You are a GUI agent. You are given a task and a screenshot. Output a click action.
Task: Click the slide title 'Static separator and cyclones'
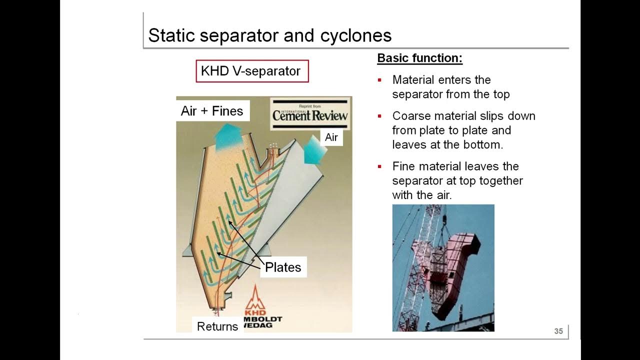[269, 35]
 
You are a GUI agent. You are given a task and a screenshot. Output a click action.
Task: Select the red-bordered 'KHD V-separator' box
[252, 71]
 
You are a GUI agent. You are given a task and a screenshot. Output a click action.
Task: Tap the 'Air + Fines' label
[212, 111]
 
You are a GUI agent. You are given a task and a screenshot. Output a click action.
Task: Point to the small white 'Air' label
[331, 137]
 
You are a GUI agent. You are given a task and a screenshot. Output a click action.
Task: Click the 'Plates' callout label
[283, 267]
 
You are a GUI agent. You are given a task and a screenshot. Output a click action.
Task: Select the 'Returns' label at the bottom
[217, 326]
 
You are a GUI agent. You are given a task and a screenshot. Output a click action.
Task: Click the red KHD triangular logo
[255, 299]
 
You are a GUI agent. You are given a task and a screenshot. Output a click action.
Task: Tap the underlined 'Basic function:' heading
[419, 58]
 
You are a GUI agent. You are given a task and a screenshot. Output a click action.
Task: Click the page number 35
[558, 331]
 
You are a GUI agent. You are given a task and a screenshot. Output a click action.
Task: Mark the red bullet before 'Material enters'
[380, 80]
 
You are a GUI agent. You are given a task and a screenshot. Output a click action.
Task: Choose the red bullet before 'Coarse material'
[380, 116]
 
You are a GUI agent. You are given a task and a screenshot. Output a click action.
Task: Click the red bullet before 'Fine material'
[380, 166]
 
